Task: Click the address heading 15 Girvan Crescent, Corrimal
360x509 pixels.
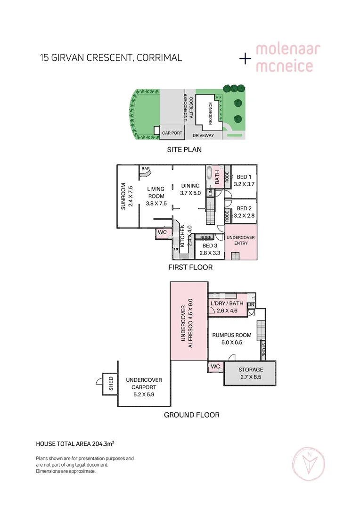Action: (111, 58)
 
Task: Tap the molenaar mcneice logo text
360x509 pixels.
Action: (284, 58)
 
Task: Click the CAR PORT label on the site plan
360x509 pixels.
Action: (172, 133)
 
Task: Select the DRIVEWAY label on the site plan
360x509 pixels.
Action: (203, 136)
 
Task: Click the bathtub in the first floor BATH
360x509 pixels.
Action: (210, 177)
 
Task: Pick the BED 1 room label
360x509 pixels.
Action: (244, 177)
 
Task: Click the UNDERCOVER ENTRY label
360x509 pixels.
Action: (241, 240)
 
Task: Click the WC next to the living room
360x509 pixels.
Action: (162, 232)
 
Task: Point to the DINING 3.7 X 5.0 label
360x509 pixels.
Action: (191, 189)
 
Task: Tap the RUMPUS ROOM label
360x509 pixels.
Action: (232, 336)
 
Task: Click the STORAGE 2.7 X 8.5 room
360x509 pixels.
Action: (250, 373)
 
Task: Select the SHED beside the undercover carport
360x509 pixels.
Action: (111, 383)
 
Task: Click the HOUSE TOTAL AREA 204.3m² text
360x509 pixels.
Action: (75, 444)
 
